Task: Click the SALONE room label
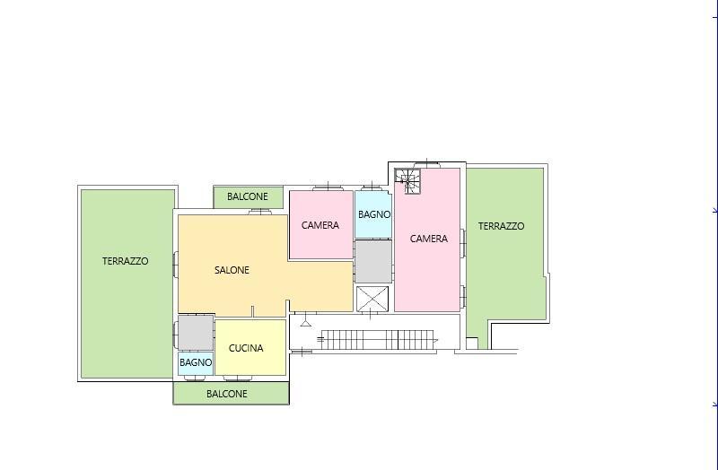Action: tap(232, 270)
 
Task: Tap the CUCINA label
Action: tap(246, 348)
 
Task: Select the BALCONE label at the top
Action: tap(248, 196)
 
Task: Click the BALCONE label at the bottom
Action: tap(227, 394)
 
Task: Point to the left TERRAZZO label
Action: tap(125, 261)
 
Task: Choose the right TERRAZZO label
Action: tap(501, 226)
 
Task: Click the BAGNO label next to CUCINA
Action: tap(196, 362)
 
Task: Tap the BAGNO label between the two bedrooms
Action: tap(374, 214)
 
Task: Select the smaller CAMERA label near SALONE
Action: tap(320, 225)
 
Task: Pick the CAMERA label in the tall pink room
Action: tap(429, 239)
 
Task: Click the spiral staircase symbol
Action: tap(407, 181)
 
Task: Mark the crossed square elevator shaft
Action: tap(372, 300)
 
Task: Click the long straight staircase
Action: tap(378, 340)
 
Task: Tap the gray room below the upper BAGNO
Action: tap(373, 262)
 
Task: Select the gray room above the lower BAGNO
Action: tap(196, 333)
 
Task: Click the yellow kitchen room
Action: tap(250, 348)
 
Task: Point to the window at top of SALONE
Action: tap(260, 212)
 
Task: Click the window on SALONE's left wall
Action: tap(175, 264)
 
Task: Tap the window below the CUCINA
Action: tap(237, 379)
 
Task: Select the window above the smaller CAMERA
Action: tap(328, 187)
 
